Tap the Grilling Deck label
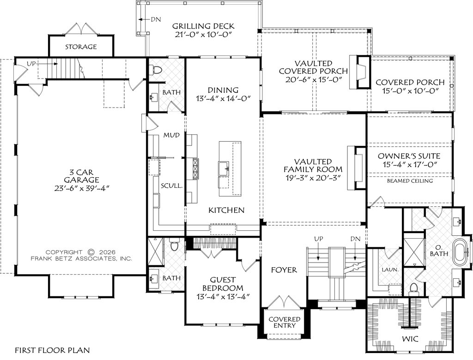point(203,26)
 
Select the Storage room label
point(81,47)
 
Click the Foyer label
point(284,270)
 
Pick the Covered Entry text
point(285,322)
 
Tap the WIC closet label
point(410,339)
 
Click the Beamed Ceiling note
point(410,181)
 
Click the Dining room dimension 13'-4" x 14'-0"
point(223,99)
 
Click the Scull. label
point(172,186)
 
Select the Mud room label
point(171,135)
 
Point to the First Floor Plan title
point(53,350)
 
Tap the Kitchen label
point(226,210)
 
